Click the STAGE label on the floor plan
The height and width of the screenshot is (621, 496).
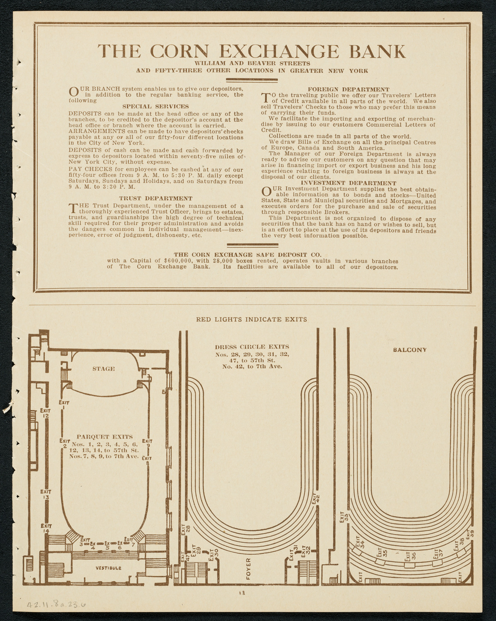coord(104,369)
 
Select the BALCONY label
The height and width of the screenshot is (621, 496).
coord(409,350)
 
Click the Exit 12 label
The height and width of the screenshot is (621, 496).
coord(46,413)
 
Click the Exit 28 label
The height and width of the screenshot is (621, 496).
coord(185,528)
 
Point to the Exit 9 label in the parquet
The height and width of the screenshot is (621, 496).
coord(148,443)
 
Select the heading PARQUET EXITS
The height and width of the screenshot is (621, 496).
coord(105,437)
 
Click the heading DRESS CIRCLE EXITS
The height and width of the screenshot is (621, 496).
coord(252,347)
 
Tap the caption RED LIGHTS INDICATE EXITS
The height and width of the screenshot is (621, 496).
coord(251,319)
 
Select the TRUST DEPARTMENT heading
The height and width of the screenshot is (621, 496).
coord(156,199)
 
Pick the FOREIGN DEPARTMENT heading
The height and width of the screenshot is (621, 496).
coord(349,89)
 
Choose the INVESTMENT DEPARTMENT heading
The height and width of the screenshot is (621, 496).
coord(349,183)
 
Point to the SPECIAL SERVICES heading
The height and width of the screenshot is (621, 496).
coord(156,106)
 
